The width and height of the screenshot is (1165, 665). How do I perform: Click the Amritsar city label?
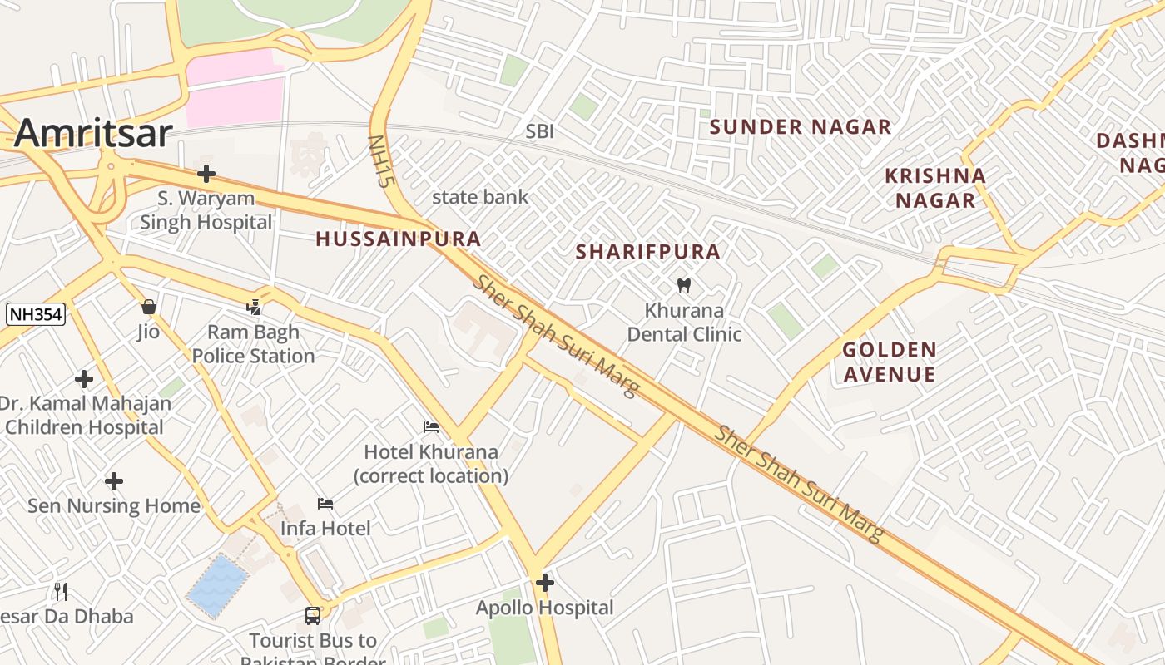click(x=93, y=133)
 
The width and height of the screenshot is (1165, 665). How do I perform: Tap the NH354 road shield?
click(x=36, y=314)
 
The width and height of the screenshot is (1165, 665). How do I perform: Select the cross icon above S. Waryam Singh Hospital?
click(x=206, y=174)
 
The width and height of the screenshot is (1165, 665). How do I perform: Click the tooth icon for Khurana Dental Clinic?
click(x=684, y=286)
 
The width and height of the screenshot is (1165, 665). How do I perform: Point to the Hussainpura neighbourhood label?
click(x=398, y=239)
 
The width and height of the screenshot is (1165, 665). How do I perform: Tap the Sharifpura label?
click(x=647, y=252)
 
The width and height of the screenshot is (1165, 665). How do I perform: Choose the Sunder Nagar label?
click(x=800, y=127)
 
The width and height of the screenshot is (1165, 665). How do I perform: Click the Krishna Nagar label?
click(x=935, y=188)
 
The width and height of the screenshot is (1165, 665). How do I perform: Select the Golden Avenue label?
click(x=889, y=362)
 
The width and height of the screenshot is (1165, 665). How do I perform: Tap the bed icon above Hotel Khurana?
click(x=431, y=427)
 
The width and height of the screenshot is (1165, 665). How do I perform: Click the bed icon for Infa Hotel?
click(x=325, y=504)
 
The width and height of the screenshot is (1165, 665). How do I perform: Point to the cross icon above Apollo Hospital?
click(x=545, y=584)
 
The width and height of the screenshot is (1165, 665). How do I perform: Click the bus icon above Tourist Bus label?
click(x=313, y=616)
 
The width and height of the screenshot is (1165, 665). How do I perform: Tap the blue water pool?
click(x=217, y=587)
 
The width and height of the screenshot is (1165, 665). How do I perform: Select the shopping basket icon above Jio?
click(x=149, y=307)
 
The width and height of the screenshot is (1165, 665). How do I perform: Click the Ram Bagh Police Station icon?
click(x=254, y=308)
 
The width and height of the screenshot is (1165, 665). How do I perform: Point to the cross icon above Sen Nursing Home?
click(x=114, y=481)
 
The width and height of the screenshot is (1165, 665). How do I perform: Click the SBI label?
click(x=539, y=131)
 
